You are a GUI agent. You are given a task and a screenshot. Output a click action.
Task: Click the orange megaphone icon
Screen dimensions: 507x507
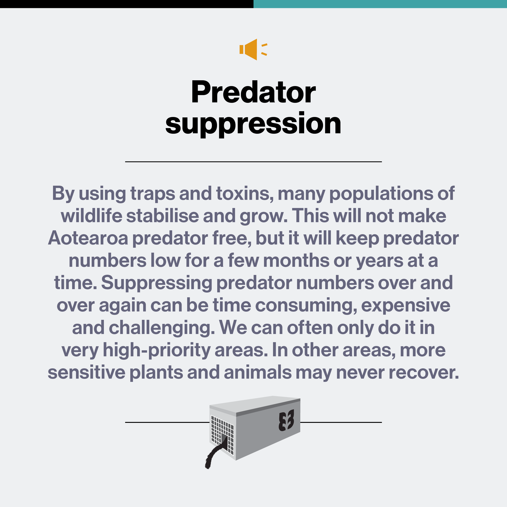click(253, 49)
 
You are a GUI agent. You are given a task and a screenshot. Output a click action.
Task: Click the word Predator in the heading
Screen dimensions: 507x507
click(253, 92)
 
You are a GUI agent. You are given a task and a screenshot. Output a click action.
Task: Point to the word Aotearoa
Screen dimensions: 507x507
click(88, 238)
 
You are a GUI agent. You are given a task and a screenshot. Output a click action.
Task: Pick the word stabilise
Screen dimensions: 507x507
click(162, 216)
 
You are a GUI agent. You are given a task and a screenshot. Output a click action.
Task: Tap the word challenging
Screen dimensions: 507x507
click(162, 328)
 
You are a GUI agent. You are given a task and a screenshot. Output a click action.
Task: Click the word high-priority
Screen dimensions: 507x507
click(157, 350)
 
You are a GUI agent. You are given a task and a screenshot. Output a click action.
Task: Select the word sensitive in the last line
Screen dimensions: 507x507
click(87, 373)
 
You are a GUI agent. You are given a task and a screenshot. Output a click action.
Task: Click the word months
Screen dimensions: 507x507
click(296, 261)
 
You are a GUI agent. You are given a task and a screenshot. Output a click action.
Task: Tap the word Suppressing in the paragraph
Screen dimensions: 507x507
click(157, 283)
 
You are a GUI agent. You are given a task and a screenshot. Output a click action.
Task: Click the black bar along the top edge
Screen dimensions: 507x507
click(127, 4)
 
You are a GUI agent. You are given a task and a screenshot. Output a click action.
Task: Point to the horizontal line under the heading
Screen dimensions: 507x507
click(253, 162)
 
